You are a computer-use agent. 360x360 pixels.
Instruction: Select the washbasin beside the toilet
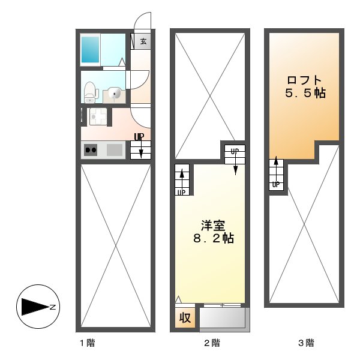pos(115,93)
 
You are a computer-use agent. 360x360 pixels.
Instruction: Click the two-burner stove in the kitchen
pos(91,150)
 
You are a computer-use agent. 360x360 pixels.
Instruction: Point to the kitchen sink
pos(115,150)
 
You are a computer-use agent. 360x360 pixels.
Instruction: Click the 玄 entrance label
pos(143,41)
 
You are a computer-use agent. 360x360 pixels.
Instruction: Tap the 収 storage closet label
pos(185,317)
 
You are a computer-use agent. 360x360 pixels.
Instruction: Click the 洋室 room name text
pos(212,226)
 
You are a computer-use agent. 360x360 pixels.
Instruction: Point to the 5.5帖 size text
pos(305,94)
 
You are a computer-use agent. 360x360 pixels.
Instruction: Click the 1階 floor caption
pos(88,343)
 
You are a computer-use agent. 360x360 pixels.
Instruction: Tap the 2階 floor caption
pos(211,343)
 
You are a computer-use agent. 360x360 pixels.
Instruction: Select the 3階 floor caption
pos(306,343)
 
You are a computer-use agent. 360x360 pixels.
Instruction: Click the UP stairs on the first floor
pos(140,146)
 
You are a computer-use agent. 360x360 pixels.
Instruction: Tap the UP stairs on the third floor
pos(276,174)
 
